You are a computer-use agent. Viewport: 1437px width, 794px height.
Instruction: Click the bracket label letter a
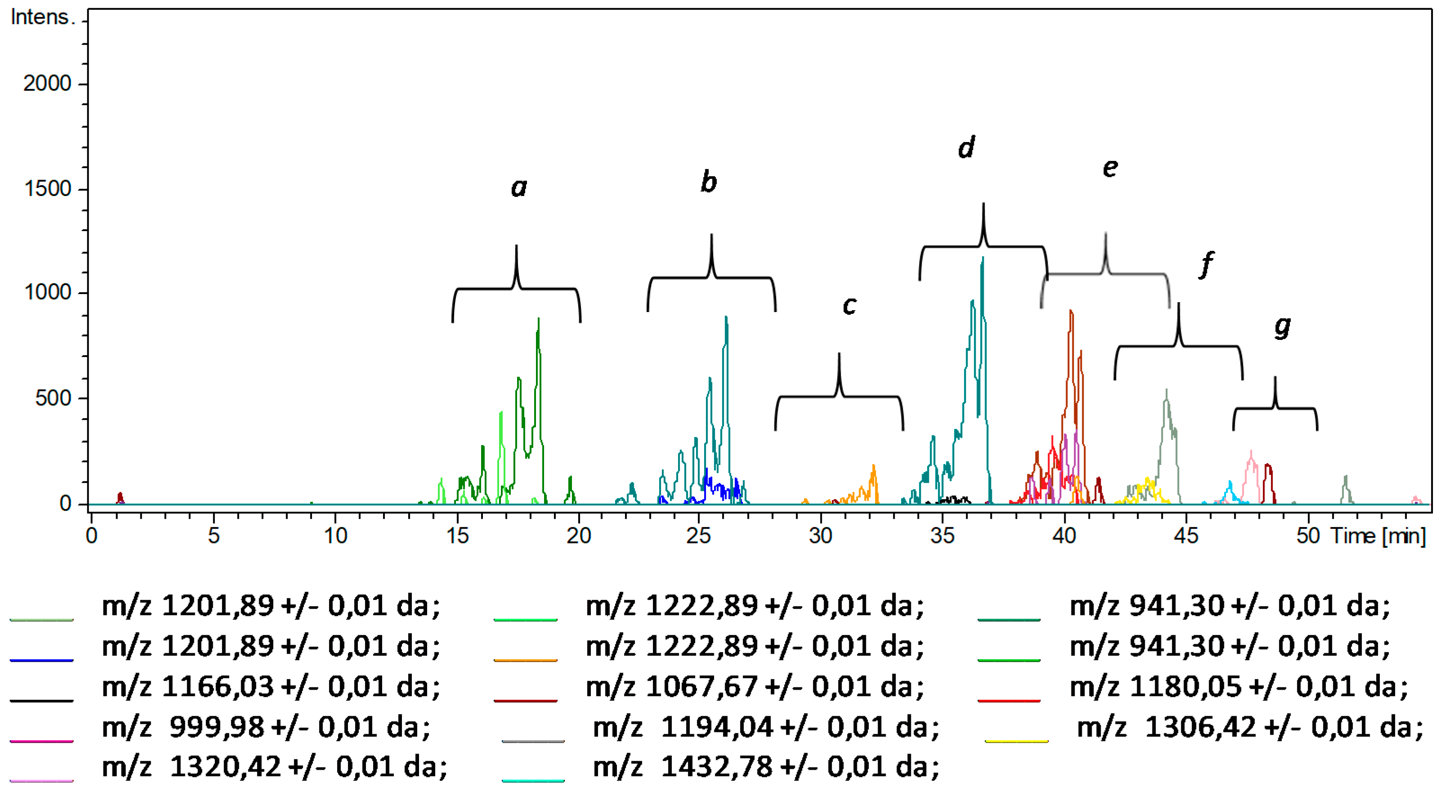[519, 188]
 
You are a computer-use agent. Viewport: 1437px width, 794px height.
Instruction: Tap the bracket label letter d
[966, 148]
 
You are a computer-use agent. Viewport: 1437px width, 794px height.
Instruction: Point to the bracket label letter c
[849, 306]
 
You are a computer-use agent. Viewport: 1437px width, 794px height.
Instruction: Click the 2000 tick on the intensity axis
[47, 84]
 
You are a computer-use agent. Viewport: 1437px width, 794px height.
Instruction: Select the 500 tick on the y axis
[53, 398]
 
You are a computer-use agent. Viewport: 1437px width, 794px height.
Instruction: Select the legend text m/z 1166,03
[271, 686]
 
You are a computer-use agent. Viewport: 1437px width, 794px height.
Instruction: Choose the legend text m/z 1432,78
[765, 767]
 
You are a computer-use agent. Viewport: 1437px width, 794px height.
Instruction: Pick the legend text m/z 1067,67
[754, 686]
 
